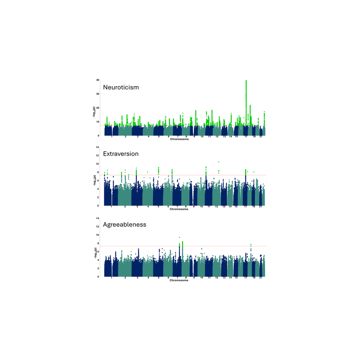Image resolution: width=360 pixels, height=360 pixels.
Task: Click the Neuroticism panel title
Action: (121, 87)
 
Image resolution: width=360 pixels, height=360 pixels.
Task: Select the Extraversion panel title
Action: (121, 154)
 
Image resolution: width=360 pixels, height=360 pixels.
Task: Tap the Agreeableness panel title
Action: (124, 225)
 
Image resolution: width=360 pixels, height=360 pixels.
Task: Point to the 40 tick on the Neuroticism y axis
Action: (97, 80)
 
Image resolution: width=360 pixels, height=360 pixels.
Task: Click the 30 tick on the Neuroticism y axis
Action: (97, 94)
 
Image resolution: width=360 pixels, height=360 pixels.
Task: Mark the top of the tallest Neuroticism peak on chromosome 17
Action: (246, 81)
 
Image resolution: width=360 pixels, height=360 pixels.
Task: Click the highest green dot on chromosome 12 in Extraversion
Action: (219, 162)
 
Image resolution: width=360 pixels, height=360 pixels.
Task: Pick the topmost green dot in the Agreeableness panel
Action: (180, 237)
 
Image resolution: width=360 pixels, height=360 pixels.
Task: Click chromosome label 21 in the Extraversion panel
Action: (261, 207)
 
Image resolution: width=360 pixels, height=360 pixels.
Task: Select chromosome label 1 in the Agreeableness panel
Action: (112, 278)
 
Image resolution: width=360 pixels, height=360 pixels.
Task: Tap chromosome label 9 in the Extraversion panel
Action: (194, 207)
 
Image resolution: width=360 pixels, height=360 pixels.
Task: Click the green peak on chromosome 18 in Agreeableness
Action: (250, 245)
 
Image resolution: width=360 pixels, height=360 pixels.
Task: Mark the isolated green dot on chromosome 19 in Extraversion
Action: (254, 172)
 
